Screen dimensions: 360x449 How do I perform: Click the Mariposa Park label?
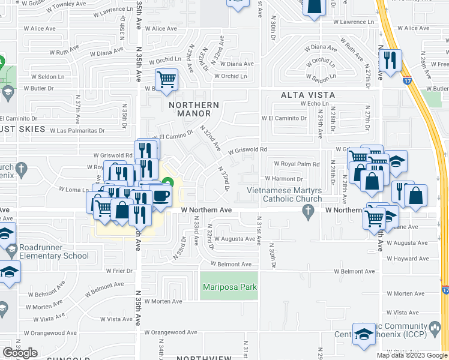[229, 287]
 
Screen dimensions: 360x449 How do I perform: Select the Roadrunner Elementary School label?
[53, 251]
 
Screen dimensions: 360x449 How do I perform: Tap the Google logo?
[20, 353]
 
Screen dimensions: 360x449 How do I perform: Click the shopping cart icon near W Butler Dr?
[167, 78]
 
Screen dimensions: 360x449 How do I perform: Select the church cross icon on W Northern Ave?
[308, 210]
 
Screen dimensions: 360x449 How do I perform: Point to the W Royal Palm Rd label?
[297, 164]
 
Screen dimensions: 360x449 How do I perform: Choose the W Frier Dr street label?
[119, 271]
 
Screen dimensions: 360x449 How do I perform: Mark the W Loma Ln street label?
[70, 189]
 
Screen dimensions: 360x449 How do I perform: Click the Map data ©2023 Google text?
[412, 355]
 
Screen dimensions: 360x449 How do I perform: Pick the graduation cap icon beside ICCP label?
[363, 334]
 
